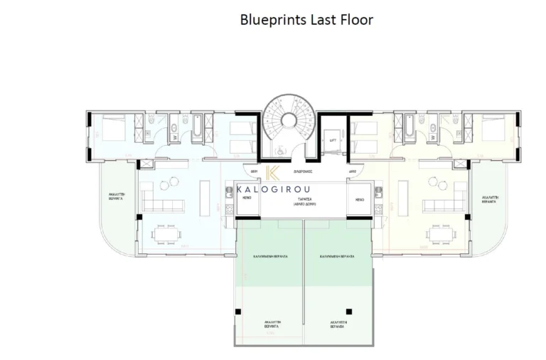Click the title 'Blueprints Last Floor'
(306, 20)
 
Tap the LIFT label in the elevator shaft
(332, 141)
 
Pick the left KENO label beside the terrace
(247, 200)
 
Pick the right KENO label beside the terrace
(359, 200)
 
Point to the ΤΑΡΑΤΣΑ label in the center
(303, 200)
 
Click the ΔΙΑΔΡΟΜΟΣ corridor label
(303, 171)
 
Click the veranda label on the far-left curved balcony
(117, 198)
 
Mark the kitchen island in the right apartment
(403, 196)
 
